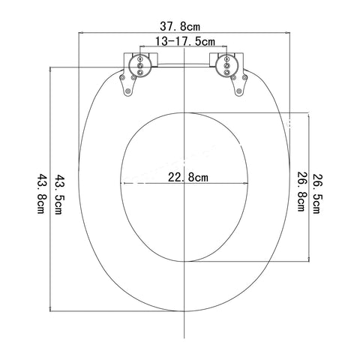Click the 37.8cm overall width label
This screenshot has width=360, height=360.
coord(180,26)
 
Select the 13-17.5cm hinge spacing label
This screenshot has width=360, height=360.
coord(185,41)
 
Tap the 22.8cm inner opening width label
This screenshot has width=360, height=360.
coord(188,178)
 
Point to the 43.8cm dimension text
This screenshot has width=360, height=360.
coord(40,193)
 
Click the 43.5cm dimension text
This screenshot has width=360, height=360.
coord(58,194)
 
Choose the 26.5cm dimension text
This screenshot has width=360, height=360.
coord(316,193)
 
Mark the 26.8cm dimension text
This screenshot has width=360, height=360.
coord(301,191)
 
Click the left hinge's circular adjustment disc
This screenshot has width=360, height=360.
coord(140,65)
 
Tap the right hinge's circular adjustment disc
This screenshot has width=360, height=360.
coord(226,65)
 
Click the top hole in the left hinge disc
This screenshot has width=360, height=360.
coord(140,59)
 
